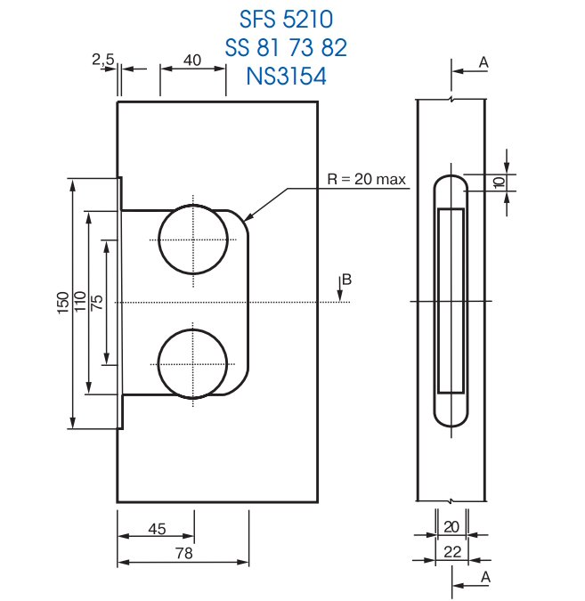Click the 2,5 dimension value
pyautogui.click(x=103, y=59)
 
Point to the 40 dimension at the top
pyautogui.click(x=191, y=60)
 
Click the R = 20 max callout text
pyautogui.click(x=367, y=179)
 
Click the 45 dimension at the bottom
pyautogui.click(x=157, y=529)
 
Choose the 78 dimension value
pyautogui.click(x=184, y=553)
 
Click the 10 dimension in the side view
pyautogui.click(x=499, y=182)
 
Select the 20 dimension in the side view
pyautogui.click(x=452, y=526)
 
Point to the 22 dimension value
pyautogui.click(x=452, y=552)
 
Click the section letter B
pyautogui.click(x=347, y=280)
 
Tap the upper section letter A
pyautogui.click(x=483, y=61)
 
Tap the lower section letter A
pyautogui.click(x=483, y=576)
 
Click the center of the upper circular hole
pyautogui.click(x=191, y=240)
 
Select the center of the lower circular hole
pyautogui.click(x=191, y=363)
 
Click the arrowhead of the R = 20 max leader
pyautogui.click(x=247, y=218)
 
